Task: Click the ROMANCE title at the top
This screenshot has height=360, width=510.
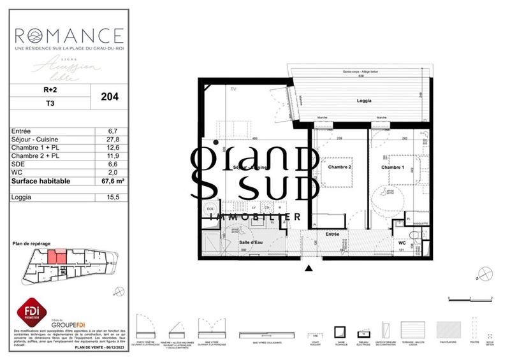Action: tap(69, 34)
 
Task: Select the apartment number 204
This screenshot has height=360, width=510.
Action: tap(110, 97)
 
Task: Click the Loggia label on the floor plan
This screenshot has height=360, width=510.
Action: tap(365, 101)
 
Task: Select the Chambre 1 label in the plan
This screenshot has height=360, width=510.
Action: tap(393, 167)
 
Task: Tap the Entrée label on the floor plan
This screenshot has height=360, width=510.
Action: tap(333, 234)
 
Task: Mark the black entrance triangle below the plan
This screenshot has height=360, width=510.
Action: tap(309, 268)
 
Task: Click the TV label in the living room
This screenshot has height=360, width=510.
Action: tap(233, 90)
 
